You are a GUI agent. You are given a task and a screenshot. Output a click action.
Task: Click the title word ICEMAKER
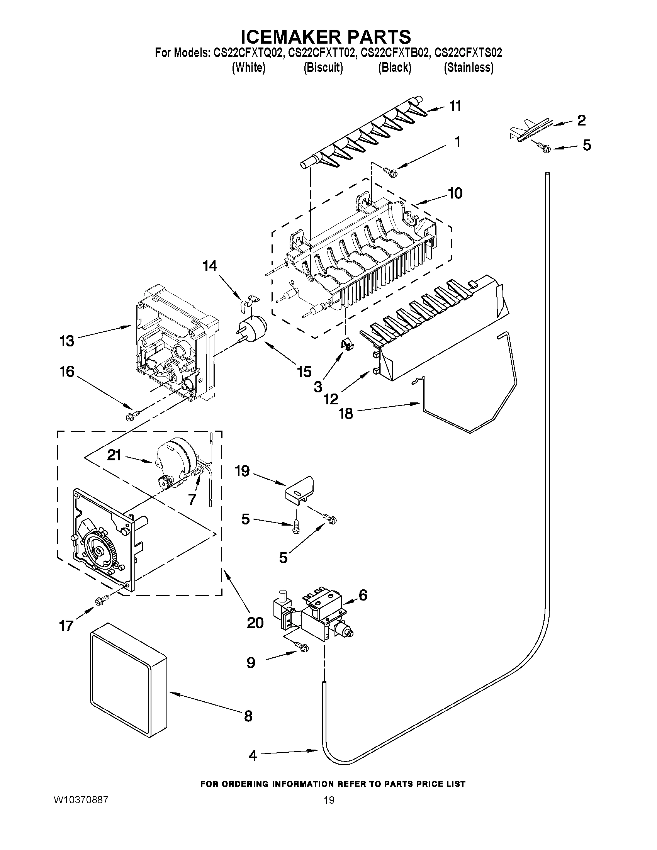coord(287,37)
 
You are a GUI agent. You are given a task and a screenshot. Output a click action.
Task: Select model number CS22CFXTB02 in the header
coord(396,53)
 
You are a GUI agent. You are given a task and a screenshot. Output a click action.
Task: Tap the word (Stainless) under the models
coord(469,68)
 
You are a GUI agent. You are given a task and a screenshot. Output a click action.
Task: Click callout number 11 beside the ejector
coord(455,106)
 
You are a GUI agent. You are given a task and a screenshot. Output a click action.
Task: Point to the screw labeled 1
coord(389,170)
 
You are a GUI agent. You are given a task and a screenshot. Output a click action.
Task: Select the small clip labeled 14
coord(248,300)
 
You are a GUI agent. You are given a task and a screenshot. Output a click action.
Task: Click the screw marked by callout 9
coord(302,647)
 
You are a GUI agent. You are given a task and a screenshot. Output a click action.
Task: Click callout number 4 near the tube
coord(253,756)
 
